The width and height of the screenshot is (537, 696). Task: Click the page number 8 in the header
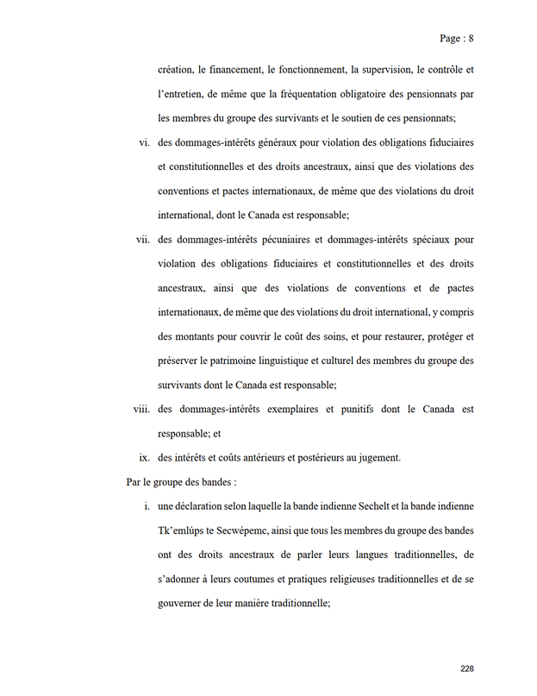click(471, 38)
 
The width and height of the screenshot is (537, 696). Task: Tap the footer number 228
click(467, 668)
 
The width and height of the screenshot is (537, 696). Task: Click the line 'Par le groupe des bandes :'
click(181, 481)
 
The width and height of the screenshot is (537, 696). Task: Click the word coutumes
click(260, 579)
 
